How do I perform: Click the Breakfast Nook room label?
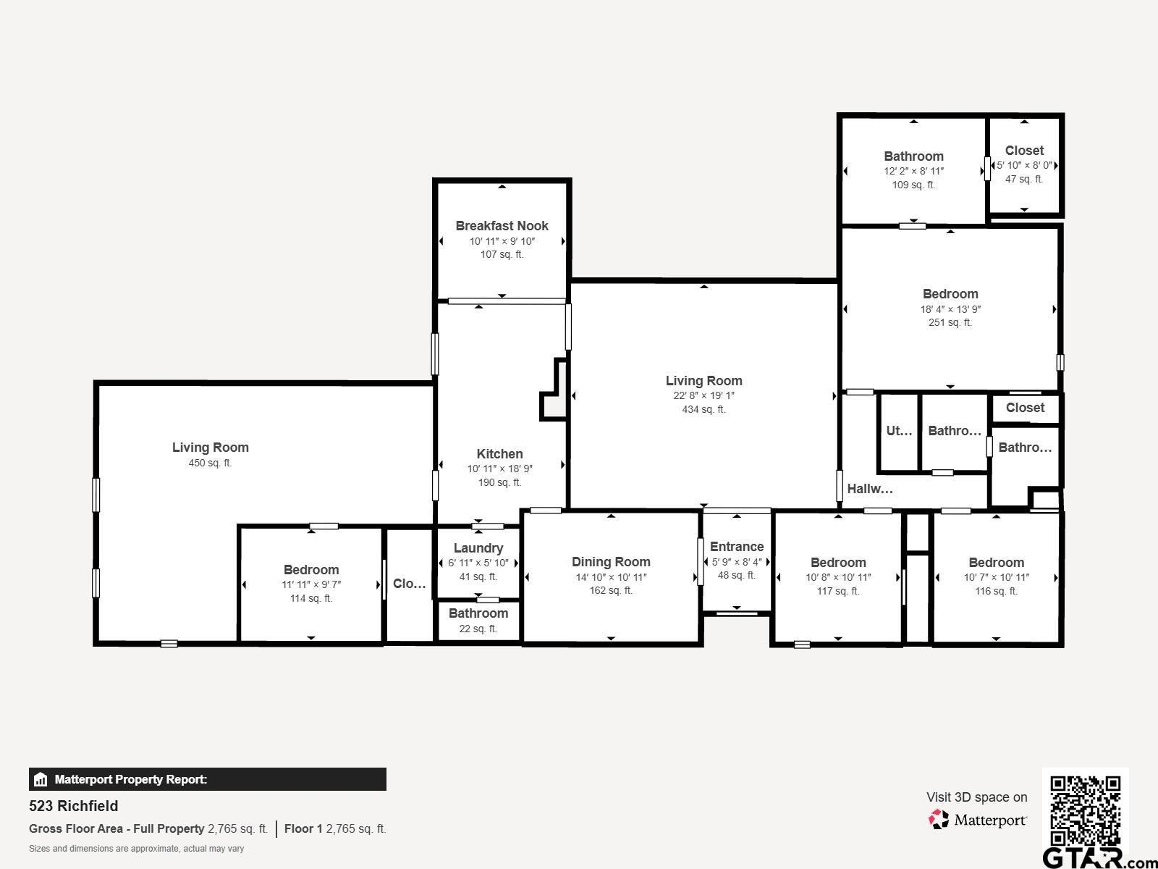(502, 226)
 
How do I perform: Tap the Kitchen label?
(499, 454)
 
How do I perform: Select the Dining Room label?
(611, 562)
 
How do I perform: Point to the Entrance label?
(737, 547)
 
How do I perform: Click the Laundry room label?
(478, 548)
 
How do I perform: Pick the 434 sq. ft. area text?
(703, 409)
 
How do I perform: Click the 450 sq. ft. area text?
(210, 463)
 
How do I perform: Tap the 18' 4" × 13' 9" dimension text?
(950, 309)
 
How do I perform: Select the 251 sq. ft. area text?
(950, 322)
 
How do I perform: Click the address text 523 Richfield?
(73, 806)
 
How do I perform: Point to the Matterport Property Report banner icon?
(40, 779)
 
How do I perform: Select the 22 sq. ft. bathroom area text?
(478, 629)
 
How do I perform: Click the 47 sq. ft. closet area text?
(1024, 180)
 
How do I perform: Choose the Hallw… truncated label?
(870, 489)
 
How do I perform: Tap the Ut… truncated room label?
(899, 431)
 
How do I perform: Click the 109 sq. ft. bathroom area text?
(914, 185)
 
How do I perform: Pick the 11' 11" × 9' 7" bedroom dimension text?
(311, 584)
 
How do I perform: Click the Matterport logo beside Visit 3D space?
(977, 820)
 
